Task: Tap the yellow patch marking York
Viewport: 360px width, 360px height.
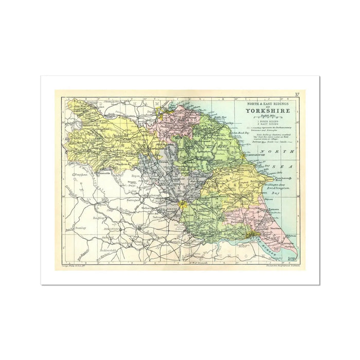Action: [182, 205]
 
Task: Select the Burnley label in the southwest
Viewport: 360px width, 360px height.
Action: [80, 226]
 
